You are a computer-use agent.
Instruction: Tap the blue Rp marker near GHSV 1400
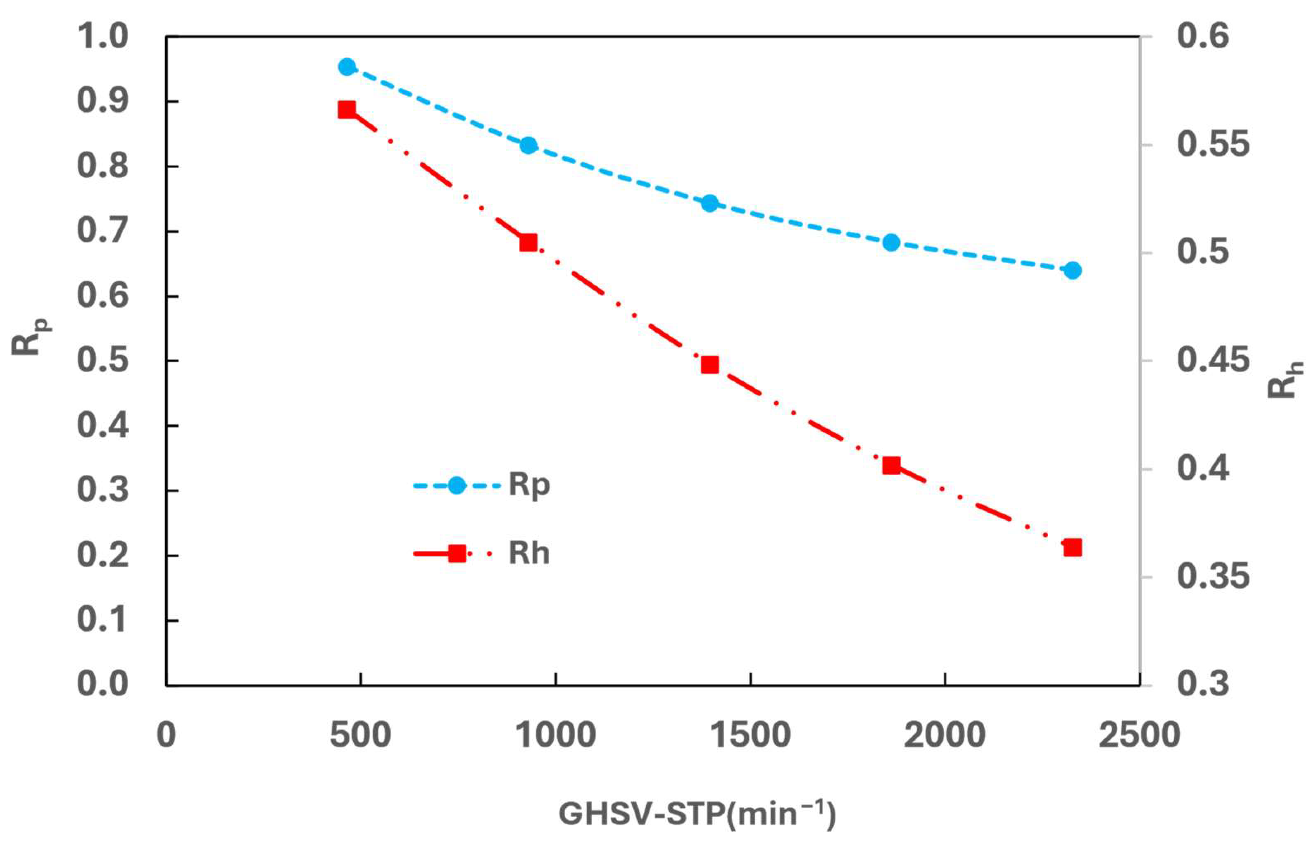click(710, 203)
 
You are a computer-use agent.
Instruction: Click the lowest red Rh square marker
click(1072, 548)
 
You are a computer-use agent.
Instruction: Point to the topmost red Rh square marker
click(347, 110)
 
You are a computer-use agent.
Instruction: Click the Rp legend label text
click(529, 485)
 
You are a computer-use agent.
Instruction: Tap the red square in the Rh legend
click(457, 554)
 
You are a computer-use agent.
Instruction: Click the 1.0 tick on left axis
click(103, 37)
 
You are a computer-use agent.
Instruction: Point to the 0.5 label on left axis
click(103, 361)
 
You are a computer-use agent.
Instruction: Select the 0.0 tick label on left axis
click(103, 684)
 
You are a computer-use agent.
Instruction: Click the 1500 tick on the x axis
click(750, 735)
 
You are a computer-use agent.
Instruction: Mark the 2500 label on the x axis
click(1140, 735)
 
